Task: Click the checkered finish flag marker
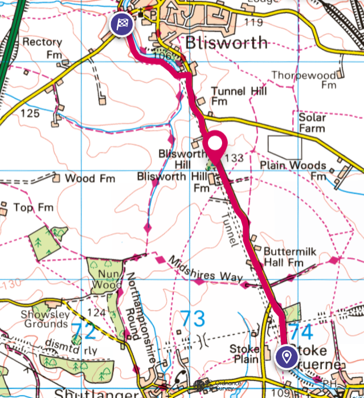tap(122, 24)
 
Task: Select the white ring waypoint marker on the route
tap(216, 144)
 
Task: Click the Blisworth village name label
tap(226, 42)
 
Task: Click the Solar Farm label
tap(313, 123)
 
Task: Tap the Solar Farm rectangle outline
tap(284, 147)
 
